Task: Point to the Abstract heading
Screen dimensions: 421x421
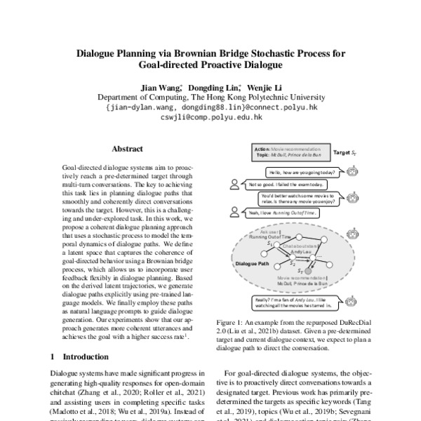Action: point(127,149)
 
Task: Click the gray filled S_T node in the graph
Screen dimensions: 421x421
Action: point(298,269)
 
